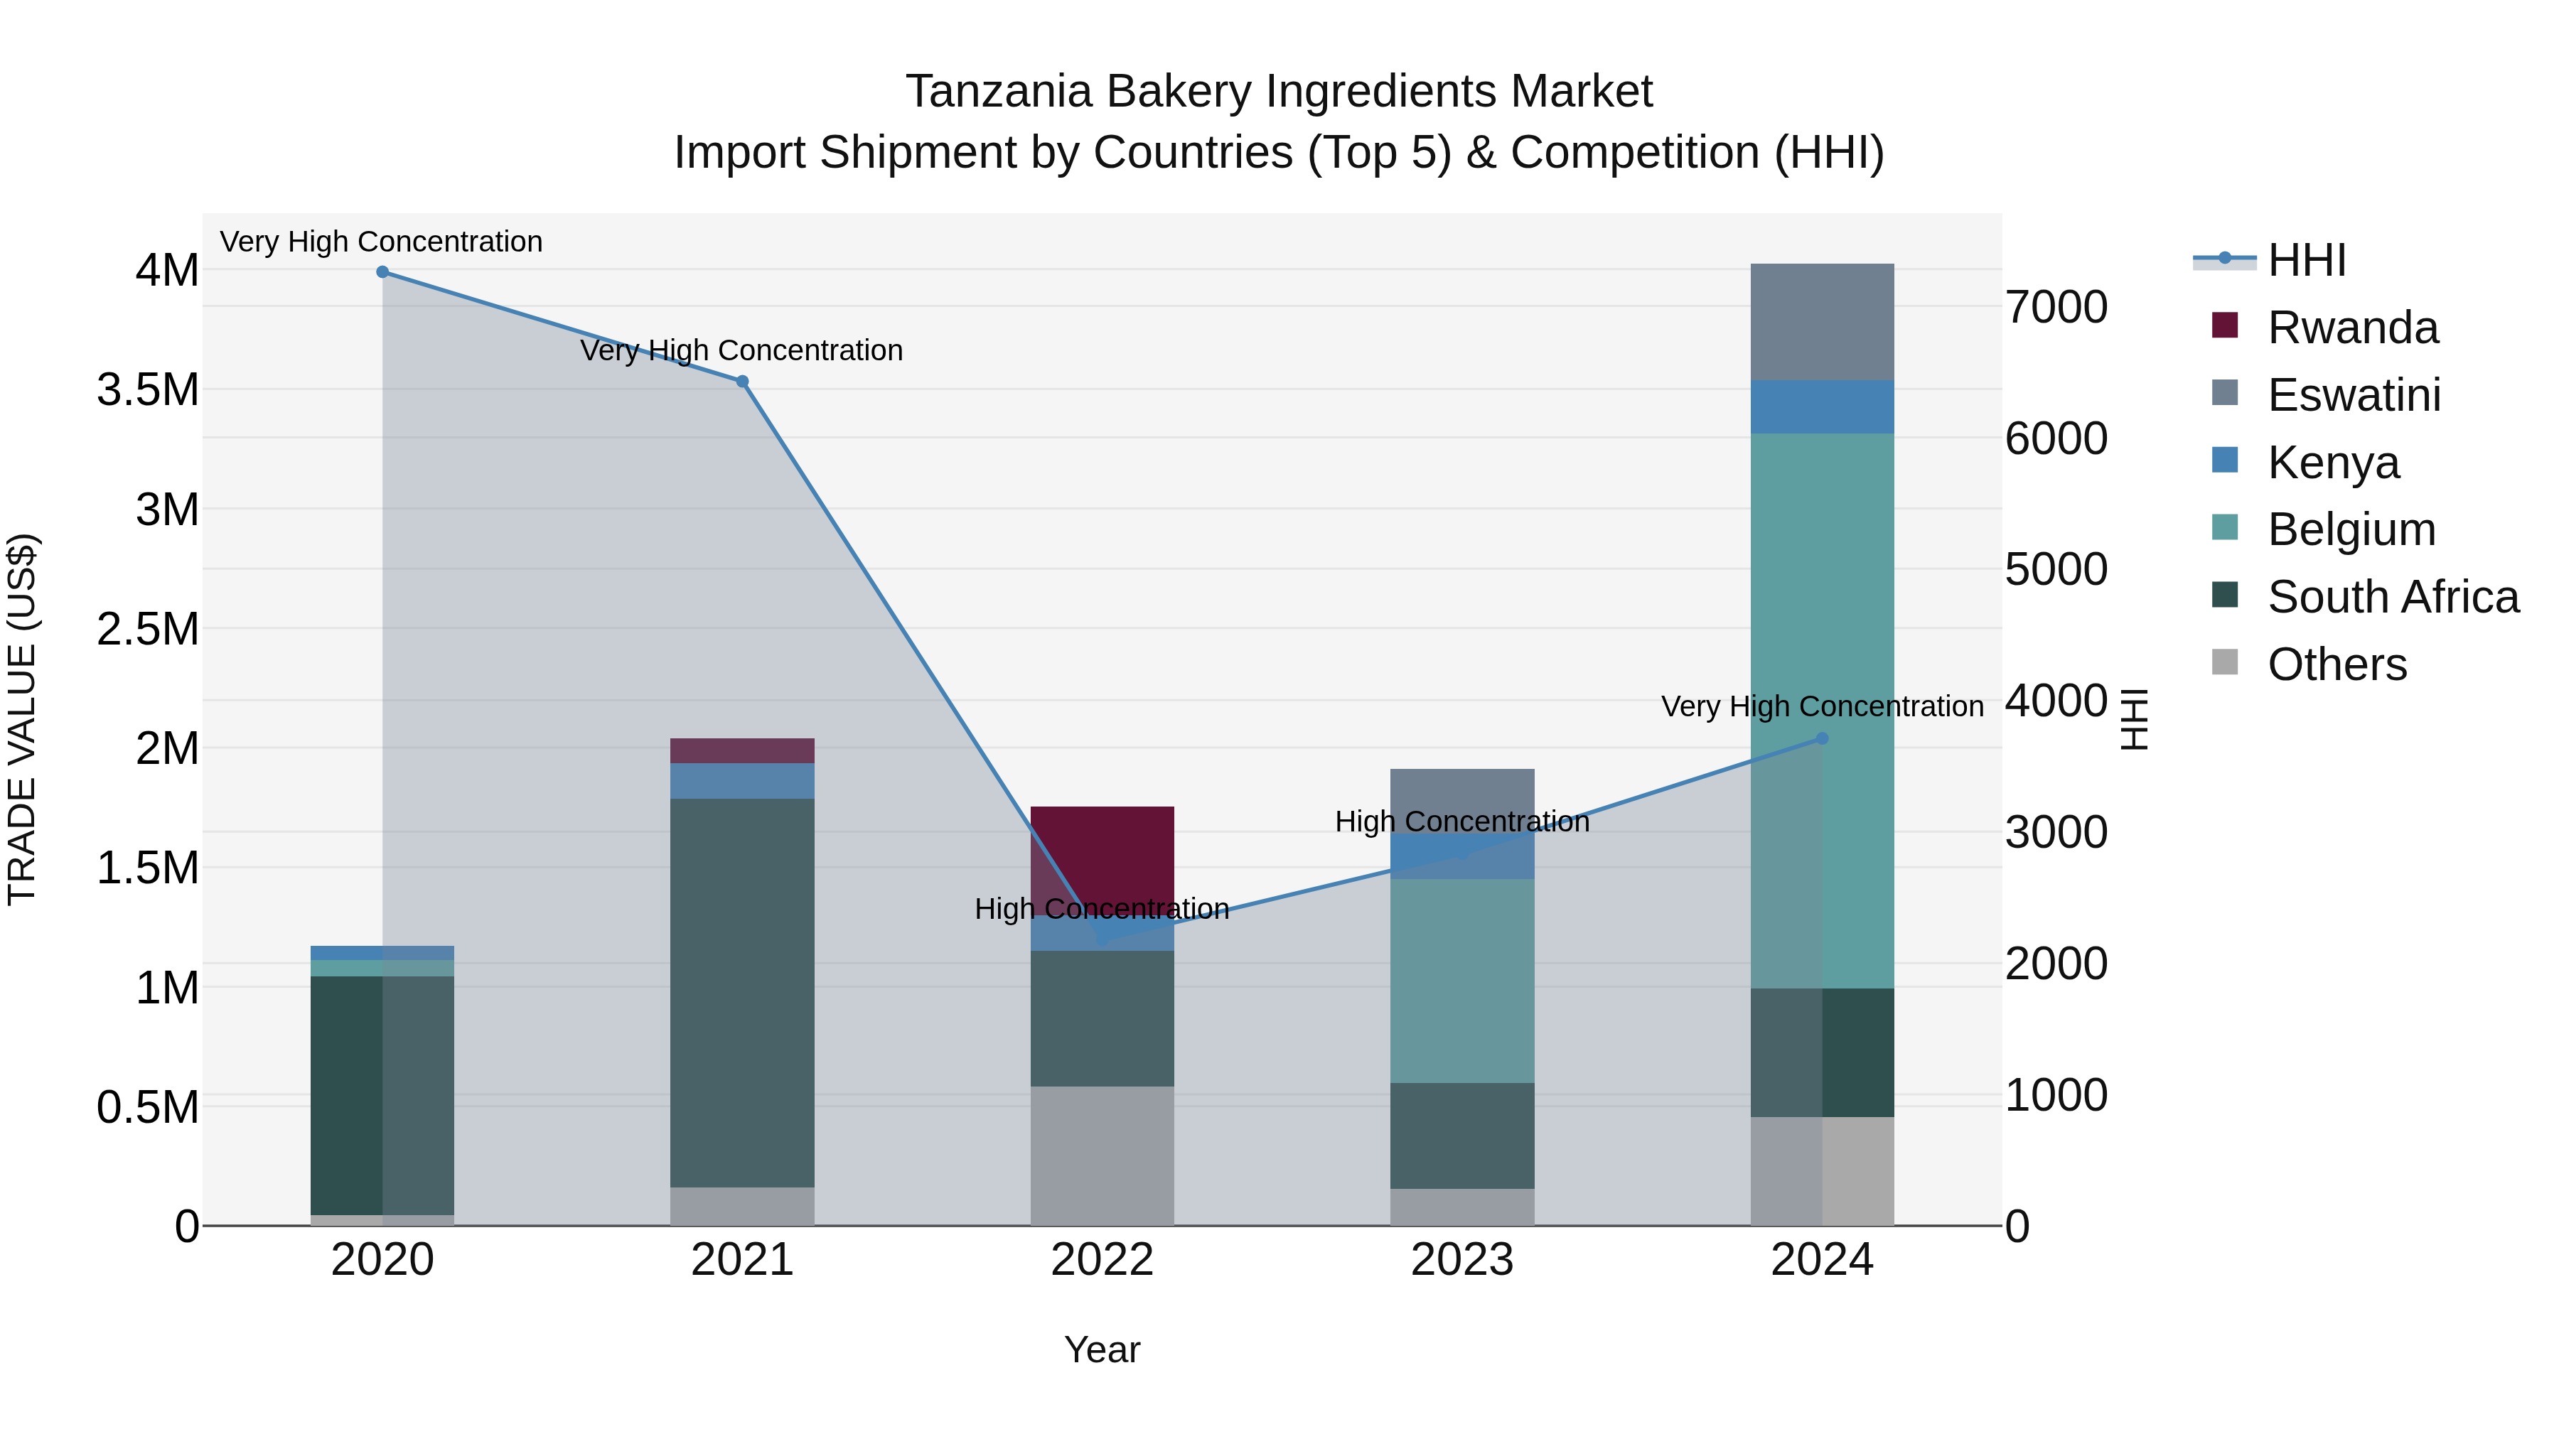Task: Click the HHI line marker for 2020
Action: tap(382, 272)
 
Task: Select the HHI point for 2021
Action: tap(742, 382)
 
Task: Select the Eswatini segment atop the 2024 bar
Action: tap(1822, 322)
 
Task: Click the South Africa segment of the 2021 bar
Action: tap(742, 993)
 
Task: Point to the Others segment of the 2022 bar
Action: tap(1102, 1156)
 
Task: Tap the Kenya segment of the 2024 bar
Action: tap(1822, 407)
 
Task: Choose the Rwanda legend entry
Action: tap(2352, 328)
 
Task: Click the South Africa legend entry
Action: tap(2392, 597)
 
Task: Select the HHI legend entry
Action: tap(2307, 260)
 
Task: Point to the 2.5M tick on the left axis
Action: tap(148, 630)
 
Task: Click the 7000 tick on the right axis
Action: tap(2055, 308)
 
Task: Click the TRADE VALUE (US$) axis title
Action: tap(22, 719)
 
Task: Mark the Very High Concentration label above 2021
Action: tap(742, 350)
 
